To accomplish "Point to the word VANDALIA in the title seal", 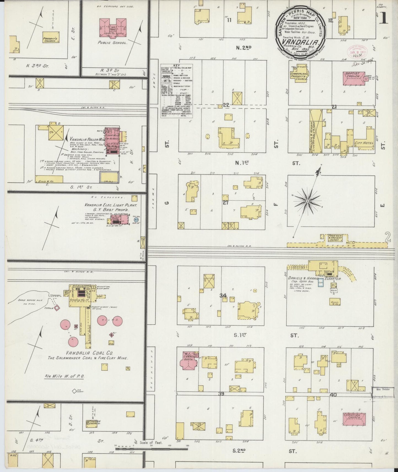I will [300, 42].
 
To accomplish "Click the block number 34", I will [223, 295].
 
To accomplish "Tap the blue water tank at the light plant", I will [136, 220].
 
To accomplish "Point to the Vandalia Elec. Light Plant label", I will [111, 205].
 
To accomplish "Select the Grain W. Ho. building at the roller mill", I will [49, 179].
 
